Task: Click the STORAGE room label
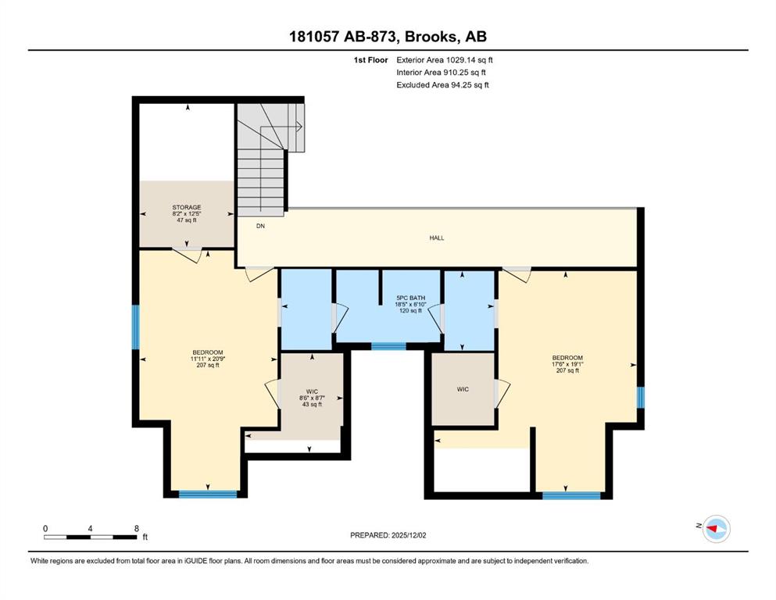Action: tap(187, 207)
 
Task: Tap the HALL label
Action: tap(437, 238)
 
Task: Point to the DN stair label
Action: tap(260, 226)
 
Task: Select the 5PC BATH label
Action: tap(411, 298)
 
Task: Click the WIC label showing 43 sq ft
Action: tap(312, 391)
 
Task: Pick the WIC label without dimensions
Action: tap(463, 389)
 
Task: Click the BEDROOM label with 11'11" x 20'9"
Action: tap(208, 352)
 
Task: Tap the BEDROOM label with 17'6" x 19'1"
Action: tap(567, 358)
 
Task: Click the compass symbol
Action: tap(716, 529)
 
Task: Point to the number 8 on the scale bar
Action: tap(137, 528)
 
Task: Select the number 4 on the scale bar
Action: tap(90, 528)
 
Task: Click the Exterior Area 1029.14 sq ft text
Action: tap(445, 60)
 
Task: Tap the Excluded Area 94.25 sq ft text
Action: tap(442, 84)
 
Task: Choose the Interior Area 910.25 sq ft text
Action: tap(441, 72)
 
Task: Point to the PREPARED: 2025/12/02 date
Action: tap(388, 535)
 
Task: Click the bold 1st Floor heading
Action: tap(370, 60)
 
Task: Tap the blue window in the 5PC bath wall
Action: tap(388, 346)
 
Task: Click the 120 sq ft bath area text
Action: tap(411, 311)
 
